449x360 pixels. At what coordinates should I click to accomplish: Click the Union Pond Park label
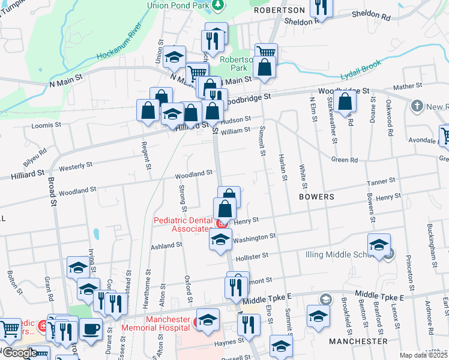(x=178, y=5)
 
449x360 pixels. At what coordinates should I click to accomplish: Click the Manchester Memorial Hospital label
(x=156, y=324)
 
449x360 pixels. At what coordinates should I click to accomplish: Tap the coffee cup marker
(x=91, y=329)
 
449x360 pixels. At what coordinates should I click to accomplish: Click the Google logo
(x=19, y=353)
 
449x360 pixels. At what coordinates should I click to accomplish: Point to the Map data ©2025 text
(x=424, y=355)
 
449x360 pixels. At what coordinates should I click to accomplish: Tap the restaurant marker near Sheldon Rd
(x=321, y=7)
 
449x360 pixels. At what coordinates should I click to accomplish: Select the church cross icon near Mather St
(x=417, y=106)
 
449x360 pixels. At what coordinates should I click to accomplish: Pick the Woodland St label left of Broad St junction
(x=77, y=190)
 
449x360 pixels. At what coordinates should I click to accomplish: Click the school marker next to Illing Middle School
(x=379, y=245)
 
